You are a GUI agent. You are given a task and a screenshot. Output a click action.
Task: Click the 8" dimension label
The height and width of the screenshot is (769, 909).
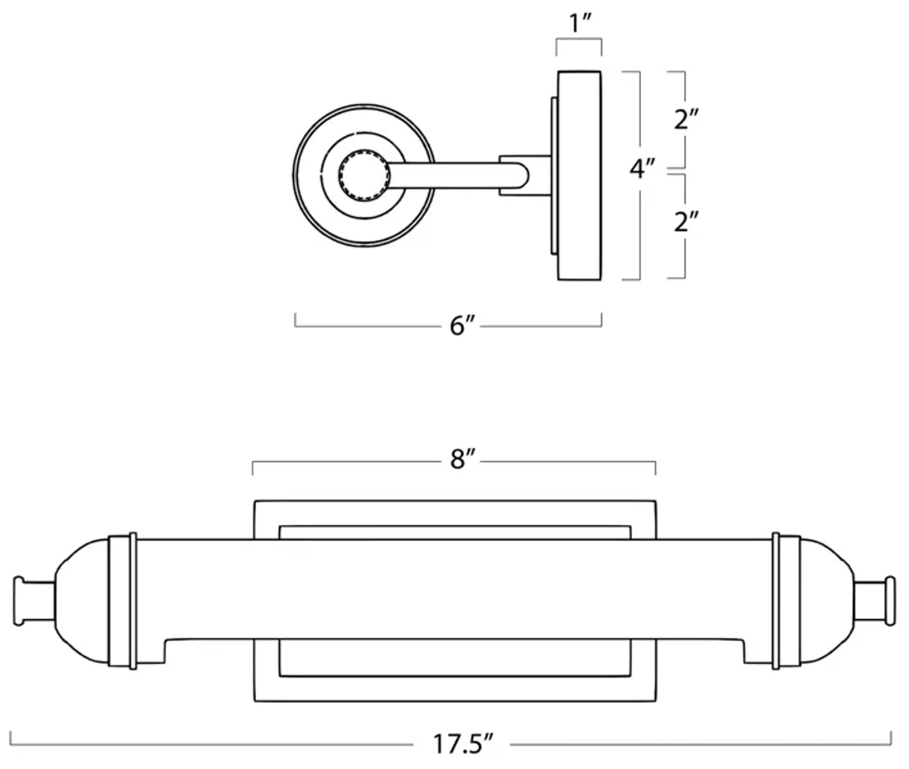[462, 459]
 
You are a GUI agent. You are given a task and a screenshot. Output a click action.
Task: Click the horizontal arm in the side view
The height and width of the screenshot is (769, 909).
[453, 176]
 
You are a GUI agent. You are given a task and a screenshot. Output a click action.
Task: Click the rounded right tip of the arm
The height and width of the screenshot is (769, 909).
[523, 176]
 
